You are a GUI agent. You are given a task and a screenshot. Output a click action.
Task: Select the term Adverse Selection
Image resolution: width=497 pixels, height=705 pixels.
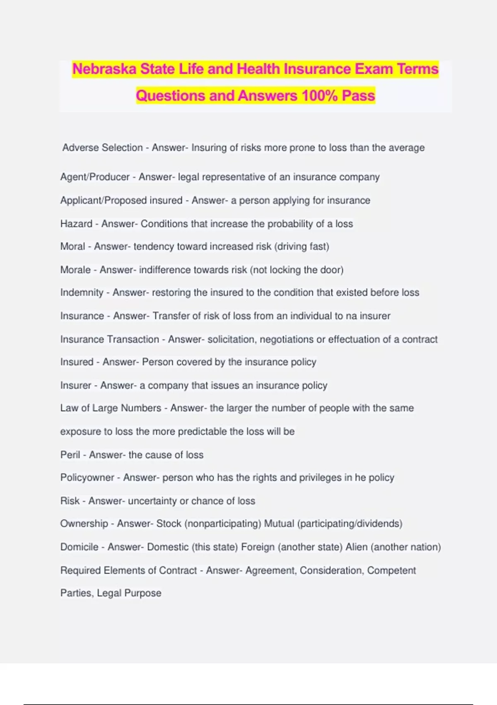[102, 148]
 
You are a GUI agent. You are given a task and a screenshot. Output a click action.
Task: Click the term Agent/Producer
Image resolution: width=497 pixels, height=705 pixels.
[95, 177]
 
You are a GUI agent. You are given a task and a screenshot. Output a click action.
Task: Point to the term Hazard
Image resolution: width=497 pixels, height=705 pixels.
[76, 224]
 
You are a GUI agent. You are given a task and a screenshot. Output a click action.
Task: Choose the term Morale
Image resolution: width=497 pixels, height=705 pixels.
[75, 270]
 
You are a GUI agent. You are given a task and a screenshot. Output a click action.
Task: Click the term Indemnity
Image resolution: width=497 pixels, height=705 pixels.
[82, 293]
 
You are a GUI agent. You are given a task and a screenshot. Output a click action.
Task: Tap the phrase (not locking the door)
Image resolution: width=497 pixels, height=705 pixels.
[297, 270]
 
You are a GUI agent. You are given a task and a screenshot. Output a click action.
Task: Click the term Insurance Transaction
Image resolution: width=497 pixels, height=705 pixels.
[109, 340]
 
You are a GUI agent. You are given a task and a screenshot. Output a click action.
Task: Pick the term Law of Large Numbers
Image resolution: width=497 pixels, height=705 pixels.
[111, 408]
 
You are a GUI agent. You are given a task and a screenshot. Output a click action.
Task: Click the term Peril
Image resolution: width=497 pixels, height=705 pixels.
[70, 455]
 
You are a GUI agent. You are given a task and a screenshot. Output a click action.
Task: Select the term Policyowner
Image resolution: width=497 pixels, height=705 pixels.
[87, 478]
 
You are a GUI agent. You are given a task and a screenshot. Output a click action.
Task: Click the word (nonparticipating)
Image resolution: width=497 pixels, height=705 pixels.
[222, 524]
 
